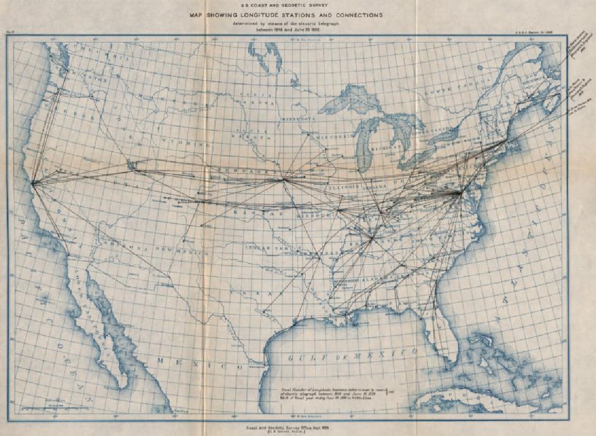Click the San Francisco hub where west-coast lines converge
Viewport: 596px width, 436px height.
(34, 183)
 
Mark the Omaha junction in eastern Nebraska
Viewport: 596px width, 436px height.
(283, 180)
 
